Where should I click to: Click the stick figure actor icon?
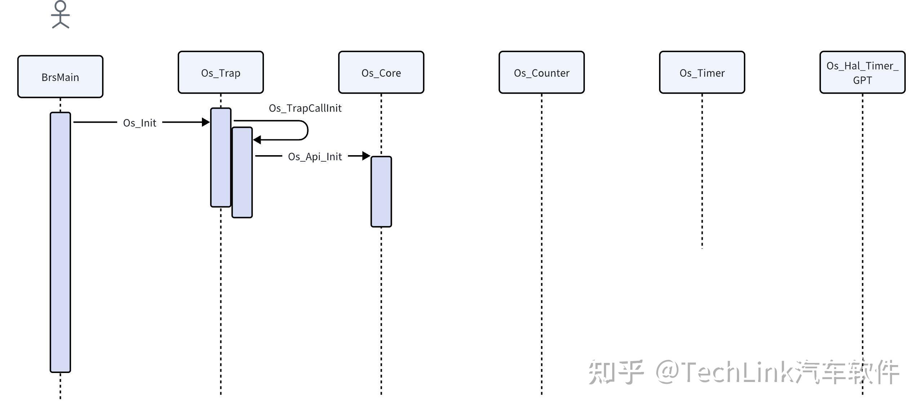coord(60,14)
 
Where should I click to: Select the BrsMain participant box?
coord(60,77)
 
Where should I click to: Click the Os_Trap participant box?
coord(221,72)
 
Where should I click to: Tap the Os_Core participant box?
coord(381,72)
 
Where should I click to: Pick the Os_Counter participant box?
coord(542,72)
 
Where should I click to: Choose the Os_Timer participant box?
coord(702,72)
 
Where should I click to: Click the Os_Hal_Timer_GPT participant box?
coord(862,72)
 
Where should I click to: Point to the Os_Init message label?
coord(140,123)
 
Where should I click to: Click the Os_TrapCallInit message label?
coord(305,108)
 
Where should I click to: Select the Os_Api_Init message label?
coord(315,157)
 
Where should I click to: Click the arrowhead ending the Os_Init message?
coord(206,122)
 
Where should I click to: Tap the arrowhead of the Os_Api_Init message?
coord(366,156)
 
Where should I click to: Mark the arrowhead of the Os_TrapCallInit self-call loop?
coord(257,140)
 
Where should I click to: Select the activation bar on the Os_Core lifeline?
coord(381,192)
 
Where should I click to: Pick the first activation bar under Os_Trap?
coord(221,157)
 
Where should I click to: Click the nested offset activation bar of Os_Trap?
coord(242,172)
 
